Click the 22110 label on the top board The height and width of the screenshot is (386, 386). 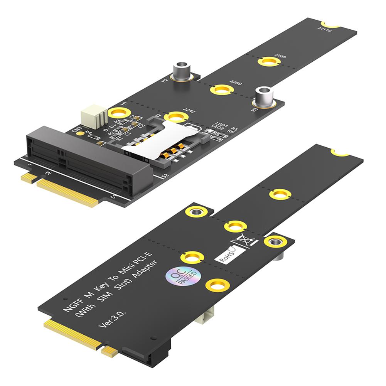[325, 29]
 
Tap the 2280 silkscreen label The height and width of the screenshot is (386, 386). [280, 57]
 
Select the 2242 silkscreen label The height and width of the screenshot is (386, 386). [189, 111]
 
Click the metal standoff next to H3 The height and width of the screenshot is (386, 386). [263, 96]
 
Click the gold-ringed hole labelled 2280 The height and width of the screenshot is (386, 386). [269, 61]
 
